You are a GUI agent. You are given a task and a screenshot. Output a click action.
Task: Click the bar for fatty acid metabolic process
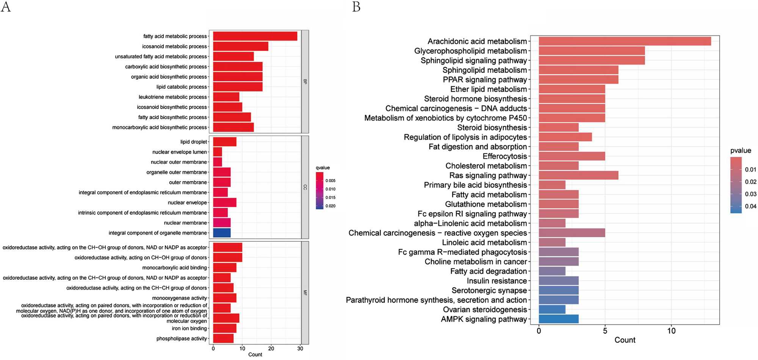pyautogui.click(x=255, y=36)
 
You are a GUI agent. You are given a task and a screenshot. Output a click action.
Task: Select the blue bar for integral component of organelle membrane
pyautogui.click(x=222, y=233)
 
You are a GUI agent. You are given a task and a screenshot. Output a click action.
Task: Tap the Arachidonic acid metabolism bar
pyautogui.click(x=625, y=41)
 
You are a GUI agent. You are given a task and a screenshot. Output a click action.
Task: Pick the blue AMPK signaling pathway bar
pyautogui.click(x=559, y=319)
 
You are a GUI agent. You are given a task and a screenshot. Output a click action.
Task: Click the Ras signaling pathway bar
pyautogui.click(x=578, y=175)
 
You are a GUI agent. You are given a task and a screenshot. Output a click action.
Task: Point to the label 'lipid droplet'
pyautogui.click(x=194, y=142)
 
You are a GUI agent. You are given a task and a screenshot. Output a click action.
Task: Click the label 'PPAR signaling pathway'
pyautogui.click(x=485, y=80)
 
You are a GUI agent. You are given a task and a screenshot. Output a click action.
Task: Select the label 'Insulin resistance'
pyautogui.click(x=496, y=281)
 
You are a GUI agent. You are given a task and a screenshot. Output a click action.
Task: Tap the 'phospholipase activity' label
pyautogui.click(x=182, y=338)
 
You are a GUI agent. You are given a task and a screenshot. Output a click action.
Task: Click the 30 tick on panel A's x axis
pyautogui.click(x=300, y=349)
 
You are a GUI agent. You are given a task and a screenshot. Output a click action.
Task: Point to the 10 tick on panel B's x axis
pyautogui.click(x=671, y=331)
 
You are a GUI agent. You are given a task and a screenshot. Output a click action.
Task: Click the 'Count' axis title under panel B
pyautogui.click(x=625, y=340)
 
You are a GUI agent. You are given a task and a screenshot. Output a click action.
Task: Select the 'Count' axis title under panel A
pyautogui.click(x=255, y=355)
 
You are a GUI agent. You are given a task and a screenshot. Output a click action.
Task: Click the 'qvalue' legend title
pyautogui.click(x=323, y=168)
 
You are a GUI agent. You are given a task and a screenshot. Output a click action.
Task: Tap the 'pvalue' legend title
pyautogui.click(x=741, y=150)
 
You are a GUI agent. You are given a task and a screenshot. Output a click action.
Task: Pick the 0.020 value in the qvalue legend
pyautogui.click(x=330, y=206)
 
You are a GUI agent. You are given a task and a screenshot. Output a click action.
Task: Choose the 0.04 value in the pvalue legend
pyautogui.click(x=750, y=207)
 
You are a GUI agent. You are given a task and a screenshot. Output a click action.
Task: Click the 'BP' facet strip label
pyautogui.click(x=305, y=81)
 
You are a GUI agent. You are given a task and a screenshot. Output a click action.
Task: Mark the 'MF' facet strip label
pyautogui.click(x=305, y=293)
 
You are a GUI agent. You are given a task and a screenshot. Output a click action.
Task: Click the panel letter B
pyautogui.click(x=356, y=7)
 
